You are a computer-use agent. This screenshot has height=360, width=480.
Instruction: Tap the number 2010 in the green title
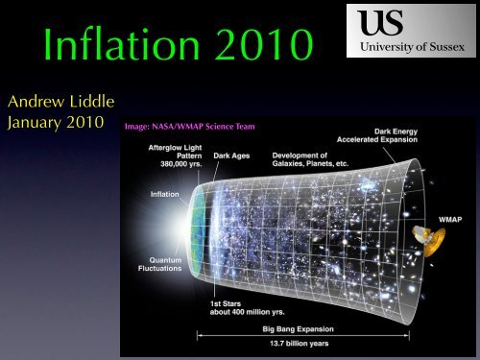coord(259,46)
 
